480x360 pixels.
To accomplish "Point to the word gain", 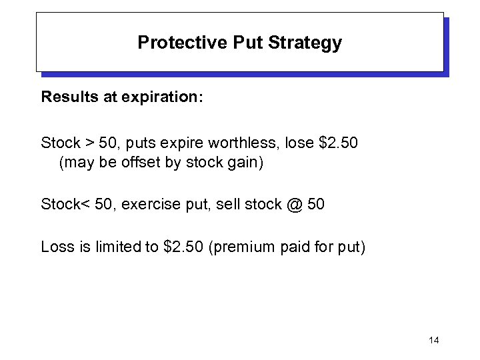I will tap(246, 162).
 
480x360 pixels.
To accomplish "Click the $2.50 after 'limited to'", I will tap(184, 247).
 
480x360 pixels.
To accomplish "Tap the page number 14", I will tap(434, 341).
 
